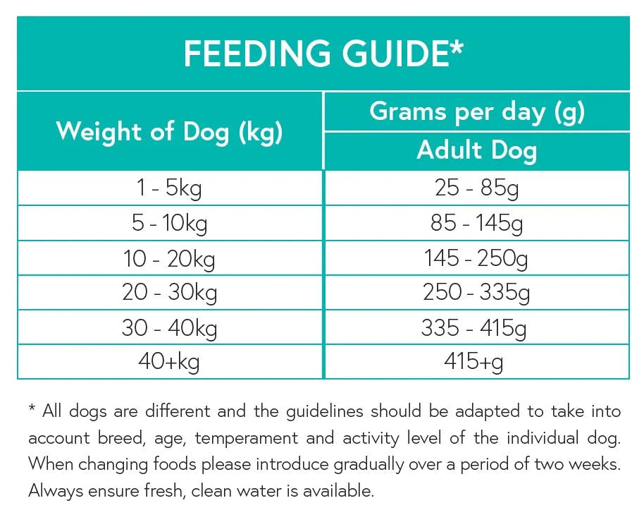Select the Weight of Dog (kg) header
(x=169, y=132)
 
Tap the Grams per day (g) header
(x=477, y=111)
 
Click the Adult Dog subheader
(x=477, y=150)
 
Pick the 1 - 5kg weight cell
(x=169, y=188)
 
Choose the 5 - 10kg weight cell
(x=169, y=224)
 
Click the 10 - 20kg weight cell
(x=169, y=258)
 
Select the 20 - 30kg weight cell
(x=169, y=293)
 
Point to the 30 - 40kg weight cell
(x=169, y=327)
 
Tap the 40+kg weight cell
(x=169, y=362)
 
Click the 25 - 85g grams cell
(x=477, y=188)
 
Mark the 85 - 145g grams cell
(x=477, y=224)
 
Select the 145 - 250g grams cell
(x=477, y=258)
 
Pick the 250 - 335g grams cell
(x=477, y=293)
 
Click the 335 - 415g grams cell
(x=477, y=327)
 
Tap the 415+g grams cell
(x=477, y=362)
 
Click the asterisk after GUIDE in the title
(x=457, y=47)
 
